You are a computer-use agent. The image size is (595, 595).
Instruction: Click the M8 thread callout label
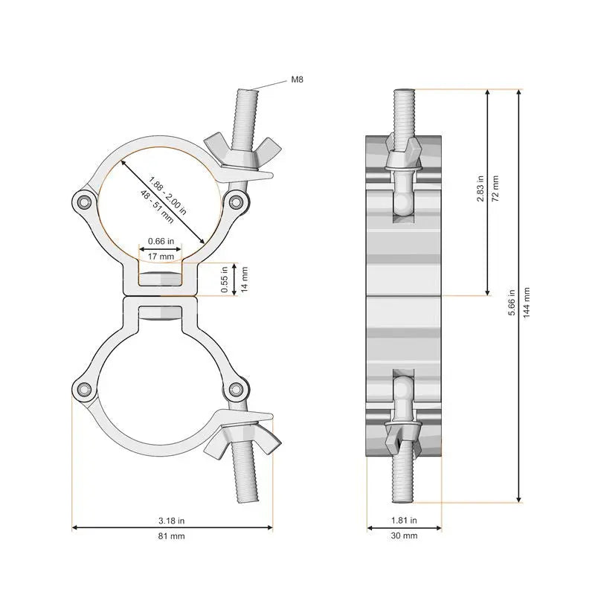[297, 80]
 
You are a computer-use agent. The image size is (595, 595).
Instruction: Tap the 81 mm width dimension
[172, 535]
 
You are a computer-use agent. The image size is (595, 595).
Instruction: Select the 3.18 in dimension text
[172, 521]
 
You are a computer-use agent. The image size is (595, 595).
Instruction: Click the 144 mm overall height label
[527, 303]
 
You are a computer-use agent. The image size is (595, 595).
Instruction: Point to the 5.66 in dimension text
[512, 303]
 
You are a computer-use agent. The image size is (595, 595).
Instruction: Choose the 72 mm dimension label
[495, 189]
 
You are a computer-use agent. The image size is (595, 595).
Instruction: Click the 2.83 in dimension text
[480, 189]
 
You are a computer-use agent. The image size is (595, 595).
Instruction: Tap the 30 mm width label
[404, 535]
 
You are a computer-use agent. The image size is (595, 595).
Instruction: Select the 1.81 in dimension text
[404, 520]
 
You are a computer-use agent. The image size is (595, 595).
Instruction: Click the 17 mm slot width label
[161, 257]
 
